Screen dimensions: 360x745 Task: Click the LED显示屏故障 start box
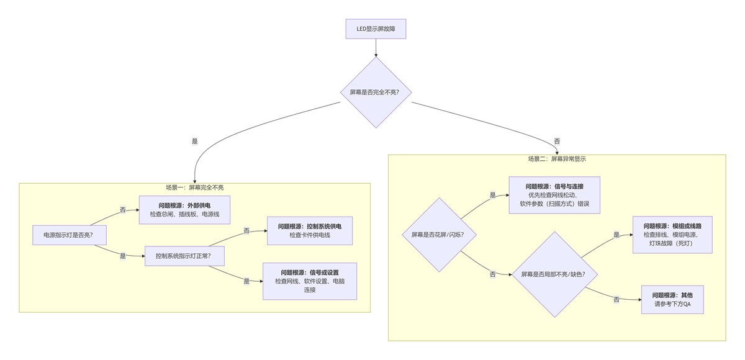pyautogui.click(x=376, y=29)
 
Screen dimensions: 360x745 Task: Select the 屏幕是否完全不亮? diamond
pyautogui.click(x=376, y=92)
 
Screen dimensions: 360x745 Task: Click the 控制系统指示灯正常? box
pyautogui.click(x=184, y=256)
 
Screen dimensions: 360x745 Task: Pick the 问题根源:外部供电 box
pyautogui.click(x=184, y=209)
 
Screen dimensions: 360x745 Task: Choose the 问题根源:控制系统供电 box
pyautogui.click(x=310, y=230)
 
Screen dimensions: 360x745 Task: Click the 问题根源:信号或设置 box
pyautogui.click(x=310, y=281)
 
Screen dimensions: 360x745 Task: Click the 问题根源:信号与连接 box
pyautogui.click(x=554, y=195)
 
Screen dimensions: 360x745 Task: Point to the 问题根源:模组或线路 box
pyautogui.click(x=672, y=234)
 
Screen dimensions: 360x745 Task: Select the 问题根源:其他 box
pyautogui.click(x=672, y=299)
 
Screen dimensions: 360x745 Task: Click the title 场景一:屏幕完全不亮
pyautogui.click(x=194, y=187)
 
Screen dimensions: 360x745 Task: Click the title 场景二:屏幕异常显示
pyautogui.click(x=557, y=159)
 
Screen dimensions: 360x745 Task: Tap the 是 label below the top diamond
pyautogui.click(x=195, y=142)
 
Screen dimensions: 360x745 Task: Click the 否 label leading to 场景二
pyautogui.click(x=557, y=142)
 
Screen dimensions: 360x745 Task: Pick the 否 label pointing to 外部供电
pyautogui.click(x=122, y=210)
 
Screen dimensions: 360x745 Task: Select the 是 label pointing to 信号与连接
pyautogui.click(x=493, y=196)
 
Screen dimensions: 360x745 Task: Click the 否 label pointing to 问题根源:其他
pyautogui.click(x=616, y=300)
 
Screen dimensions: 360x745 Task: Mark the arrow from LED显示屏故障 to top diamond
pyautogui.click(x=376, y=48)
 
